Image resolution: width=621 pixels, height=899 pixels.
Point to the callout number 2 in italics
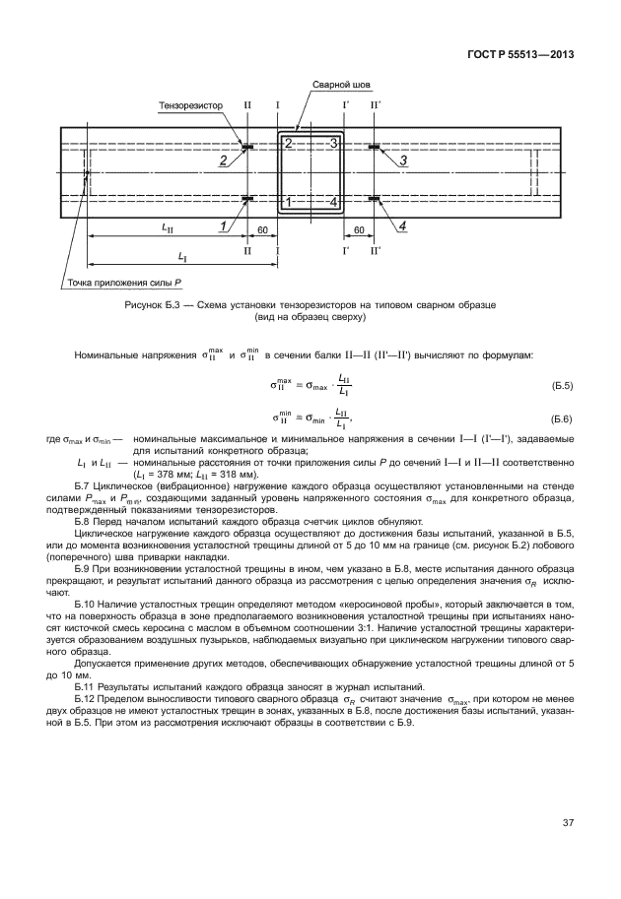coord(223,160)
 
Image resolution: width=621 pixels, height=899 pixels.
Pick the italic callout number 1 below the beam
coord(224,225)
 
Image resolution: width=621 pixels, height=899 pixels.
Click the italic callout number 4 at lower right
coord(402,225)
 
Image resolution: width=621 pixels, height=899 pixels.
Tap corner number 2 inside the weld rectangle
coord(288,144)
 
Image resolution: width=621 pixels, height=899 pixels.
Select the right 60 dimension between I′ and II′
coord(358,228)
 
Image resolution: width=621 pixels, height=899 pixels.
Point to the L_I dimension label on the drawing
coord(182,256)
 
